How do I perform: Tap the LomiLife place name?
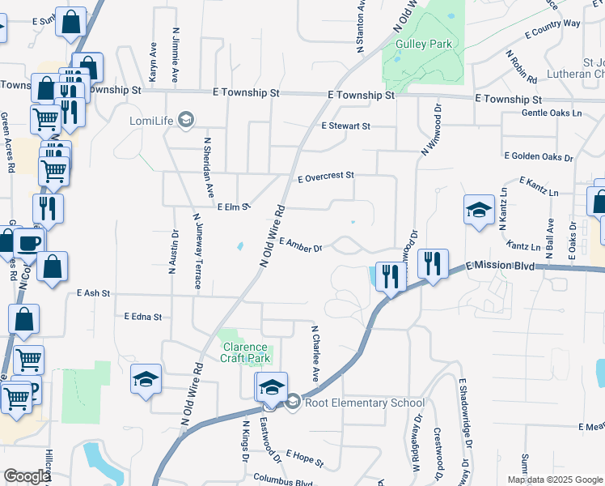click(153, 122)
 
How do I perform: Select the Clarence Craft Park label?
click(245, 352)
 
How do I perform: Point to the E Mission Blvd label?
click(499, 266)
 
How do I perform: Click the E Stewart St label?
click(345, 126)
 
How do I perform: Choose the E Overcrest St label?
click(326, 176)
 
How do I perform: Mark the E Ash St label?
click(93, 292)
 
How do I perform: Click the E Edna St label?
click(143, 317)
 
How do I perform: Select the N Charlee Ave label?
click(315, 354)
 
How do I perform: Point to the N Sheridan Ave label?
click(209, 168)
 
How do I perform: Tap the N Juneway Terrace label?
click(196, 250)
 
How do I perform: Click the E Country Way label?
click(552, 28)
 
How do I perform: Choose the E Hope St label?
click(304, 459)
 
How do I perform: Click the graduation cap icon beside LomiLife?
click(186, 121)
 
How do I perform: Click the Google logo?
click(26, 476)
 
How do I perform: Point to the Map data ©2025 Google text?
click(554, 480)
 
